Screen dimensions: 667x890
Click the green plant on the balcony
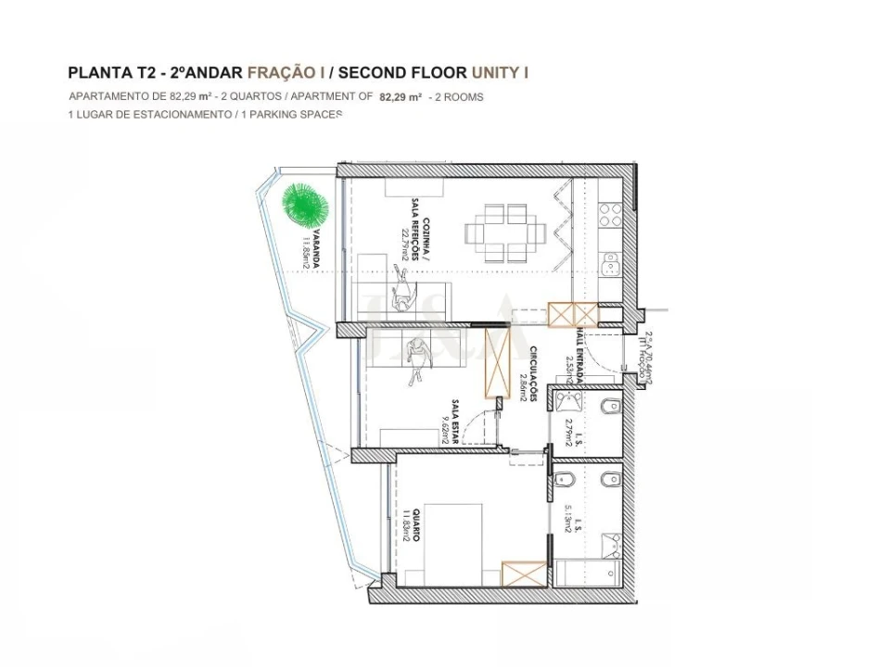(303, 203)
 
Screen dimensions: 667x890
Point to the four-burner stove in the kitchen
(609, 216)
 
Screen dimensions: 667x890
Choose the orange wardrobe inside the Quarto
(524, 573)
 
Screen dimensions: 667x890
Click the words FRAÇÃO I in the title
(286, 72)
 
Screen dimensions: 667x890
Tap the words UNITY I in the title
(501, 72)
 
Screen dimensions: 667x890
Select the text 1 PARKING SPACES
(291, 114)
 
